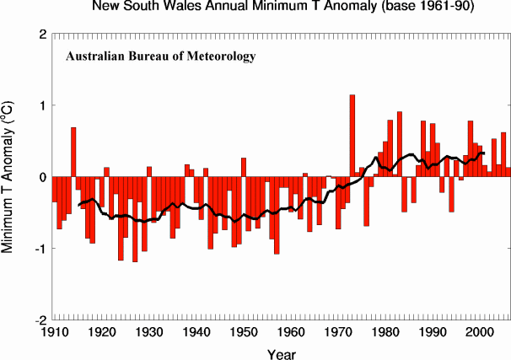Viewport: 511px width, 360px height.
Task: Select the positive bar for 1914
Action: pyautogui.click(x=73, y=153)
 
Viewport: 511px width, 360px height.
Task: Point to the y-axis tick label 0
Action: pyautogui.click(x=42, y=178)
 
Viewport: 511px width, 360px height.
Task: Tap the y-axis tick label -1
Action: pyautogui.click(x=40, y=250)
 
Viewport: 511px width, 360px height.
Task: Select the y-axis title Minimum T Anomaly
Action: pyautogui.click(x=10, y=178)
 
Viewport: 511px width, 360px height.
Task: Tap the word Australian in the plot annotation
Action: pyautogui.click(x=98, y=57)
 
